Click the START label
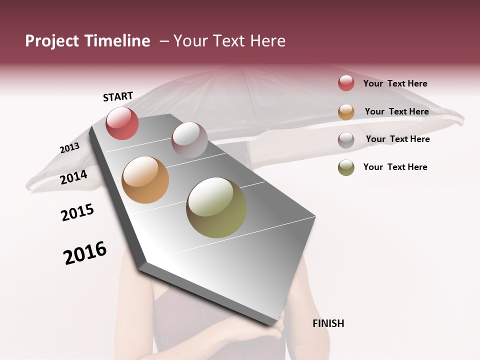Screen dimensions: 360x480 (x=118, y=96)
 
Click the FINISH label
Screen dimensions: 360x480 (x=328, y=323)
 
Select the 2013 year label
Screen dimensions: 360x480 (x=69, y=148)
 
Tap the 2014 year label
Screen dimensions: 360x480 (x=74, y=177)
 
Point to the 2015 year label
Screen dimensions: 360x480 (x=77, y=212)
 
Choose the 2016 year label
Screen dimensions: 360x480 (x=85, y=253)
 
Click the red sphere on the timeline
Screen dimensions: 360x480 (x=122, y=123)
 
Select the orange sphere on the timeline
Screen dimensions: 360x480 (x=145, y=180)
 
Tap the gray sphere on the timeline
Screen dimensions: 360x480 (x=189, y=140)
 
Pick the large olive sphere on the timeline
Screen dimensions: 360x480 (x=216, y=207)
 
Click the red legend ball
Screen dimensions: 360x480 (x=346, y=83)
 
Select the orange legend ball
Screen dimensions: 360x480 (x=346, y=111)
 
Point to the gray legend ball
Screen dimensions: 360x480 (x=346, y=139)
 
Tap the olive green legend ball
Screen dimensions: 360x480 (x=346, y=167)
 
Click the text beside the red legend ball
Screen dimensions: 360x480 (x=395, y=83)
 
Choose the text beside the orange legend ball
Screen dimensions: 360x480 (x=396, y=111)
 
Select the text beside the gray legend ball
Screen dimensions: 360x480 (x=397, y=139)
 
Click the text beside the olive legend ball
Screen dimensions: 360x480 (x=395, y=167)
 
